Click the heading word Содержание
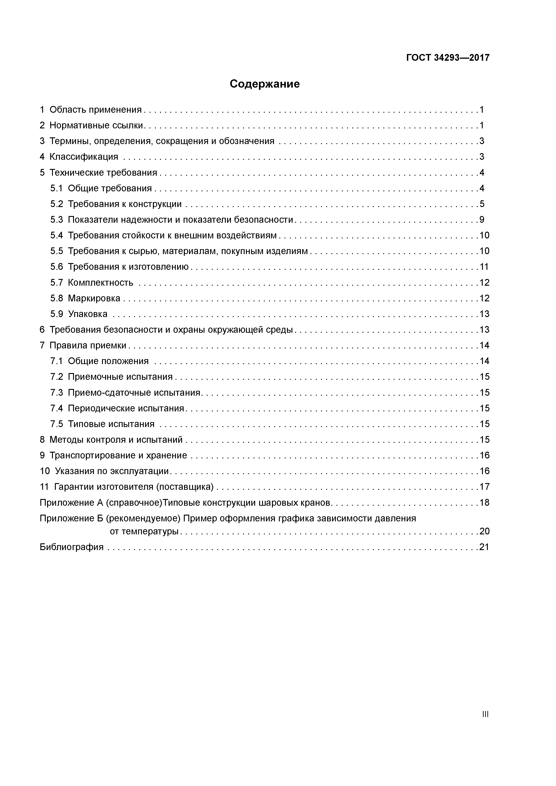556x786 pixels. (265, 84)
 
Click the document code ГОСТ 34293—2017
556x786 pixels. (448, 58)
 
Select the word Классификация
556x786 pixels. (84, 157)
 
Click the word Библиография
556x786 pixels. (72, 547)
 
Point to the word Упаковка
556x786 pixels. (88, 314)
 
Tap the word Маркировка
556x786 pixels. (94, 298)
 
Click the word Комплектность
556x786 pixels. (100, 282)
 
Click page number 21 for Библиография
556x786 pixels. (484, 547)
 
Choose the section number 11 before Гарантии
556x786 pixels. (45, 487)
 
